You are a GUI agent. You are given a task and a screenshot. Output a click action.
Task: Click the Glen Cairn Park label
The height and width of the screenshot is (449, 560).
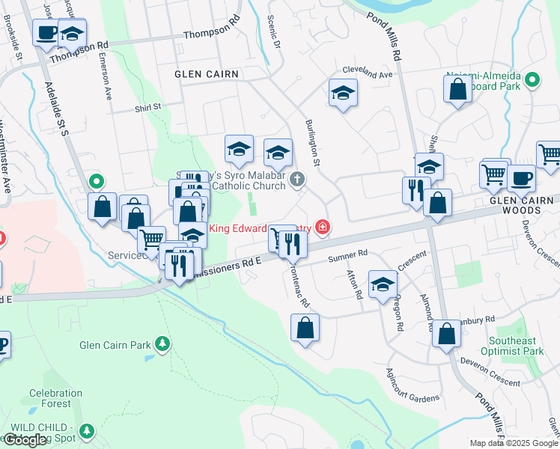point(115,345)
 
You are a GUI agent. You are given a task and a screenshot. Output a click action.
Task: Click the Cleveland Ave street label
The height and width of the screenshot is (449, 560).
point(367,76)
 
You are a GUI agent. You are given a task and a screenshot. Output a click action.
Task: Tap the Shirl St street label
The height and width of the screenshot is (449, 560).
point(148,107)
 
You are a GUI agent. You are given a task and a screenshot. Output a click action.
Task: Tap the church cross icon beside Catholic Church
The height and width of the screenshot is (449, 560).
point(297,178)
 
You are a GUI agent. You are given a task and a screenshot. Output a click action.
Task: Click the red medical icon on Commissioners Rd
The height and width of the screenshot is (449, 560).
point(323,226)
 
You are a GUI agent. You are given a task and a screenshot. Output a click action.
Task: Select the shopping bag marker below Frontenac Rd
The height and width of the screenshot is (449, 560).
point(305,328)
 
